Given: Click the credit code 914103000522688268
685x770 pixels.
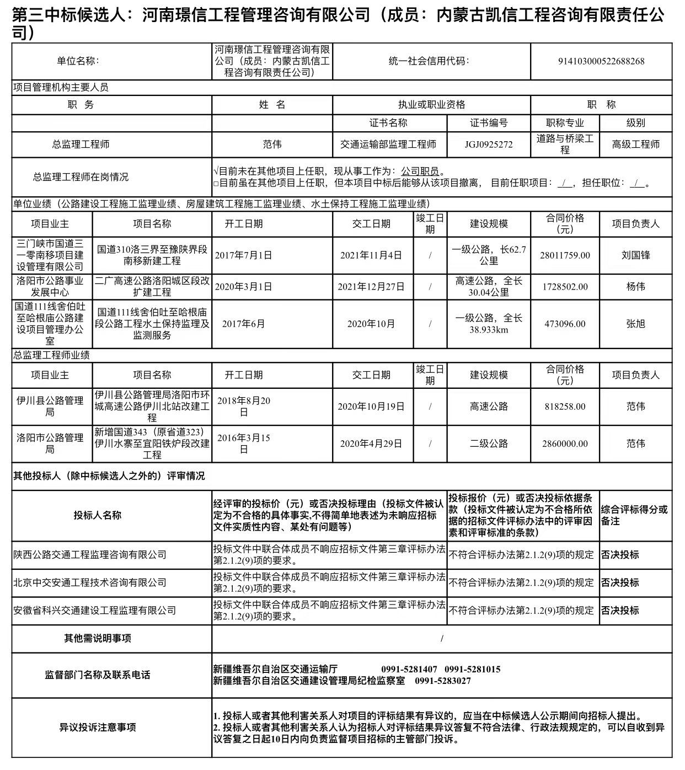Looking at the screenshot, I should (x=601, y=61).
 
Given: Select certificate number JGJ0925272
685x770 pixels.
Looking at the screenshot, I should (x=488, y=145).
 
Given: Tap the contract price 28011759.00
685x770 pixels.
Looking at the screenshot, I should (x=565, y=255).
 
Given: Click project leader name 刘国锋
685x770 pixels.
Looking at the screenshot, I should (x=635, y=255).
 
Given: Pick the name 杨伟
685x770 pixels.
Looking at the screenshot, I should (x=635, y=287).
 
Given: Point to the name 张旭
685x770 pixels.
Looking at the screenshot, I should (x=635, y=324).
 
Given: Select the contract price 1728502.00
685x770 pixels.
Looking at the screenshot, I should (x=565, y=287).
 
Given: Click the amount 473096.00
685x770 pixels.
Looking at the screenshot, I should (x=565, y=324).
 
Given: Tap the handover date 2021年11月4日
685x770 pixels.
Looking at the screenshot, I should (x=371, y=255).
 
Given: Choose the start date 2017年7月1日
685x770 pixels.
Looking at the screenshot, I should (x=243, y=255).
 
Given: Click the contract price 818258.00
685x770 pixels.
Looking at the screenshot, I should (x=565, y=407).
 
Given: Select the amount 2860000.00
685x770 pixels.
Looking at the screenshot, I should (x=565, y=443).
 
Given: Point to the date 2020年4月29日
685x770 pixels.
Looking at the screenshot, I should (x=371, y=443).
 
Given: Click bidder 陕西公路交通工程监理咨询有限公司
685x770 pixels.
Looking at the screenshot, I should (x=90, y=555).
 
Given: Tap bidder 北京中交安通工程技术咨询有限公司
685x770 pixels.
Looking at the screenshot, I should (x=90, y=582).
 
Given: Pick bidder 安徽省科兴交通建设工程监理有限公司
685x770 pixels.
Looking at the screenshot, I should (x=95, y=611).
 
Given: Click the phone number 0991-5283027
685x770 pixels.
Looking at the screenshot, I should (x=443, y=681).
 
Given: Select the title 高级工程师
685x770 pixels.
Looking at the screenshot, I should (x=635, y=145).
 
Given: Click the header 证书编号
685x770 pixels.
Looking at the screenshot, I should (x=488, y=123).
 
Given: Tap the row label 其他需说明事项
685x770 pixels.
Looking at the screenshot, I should (x=98, y=638).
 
